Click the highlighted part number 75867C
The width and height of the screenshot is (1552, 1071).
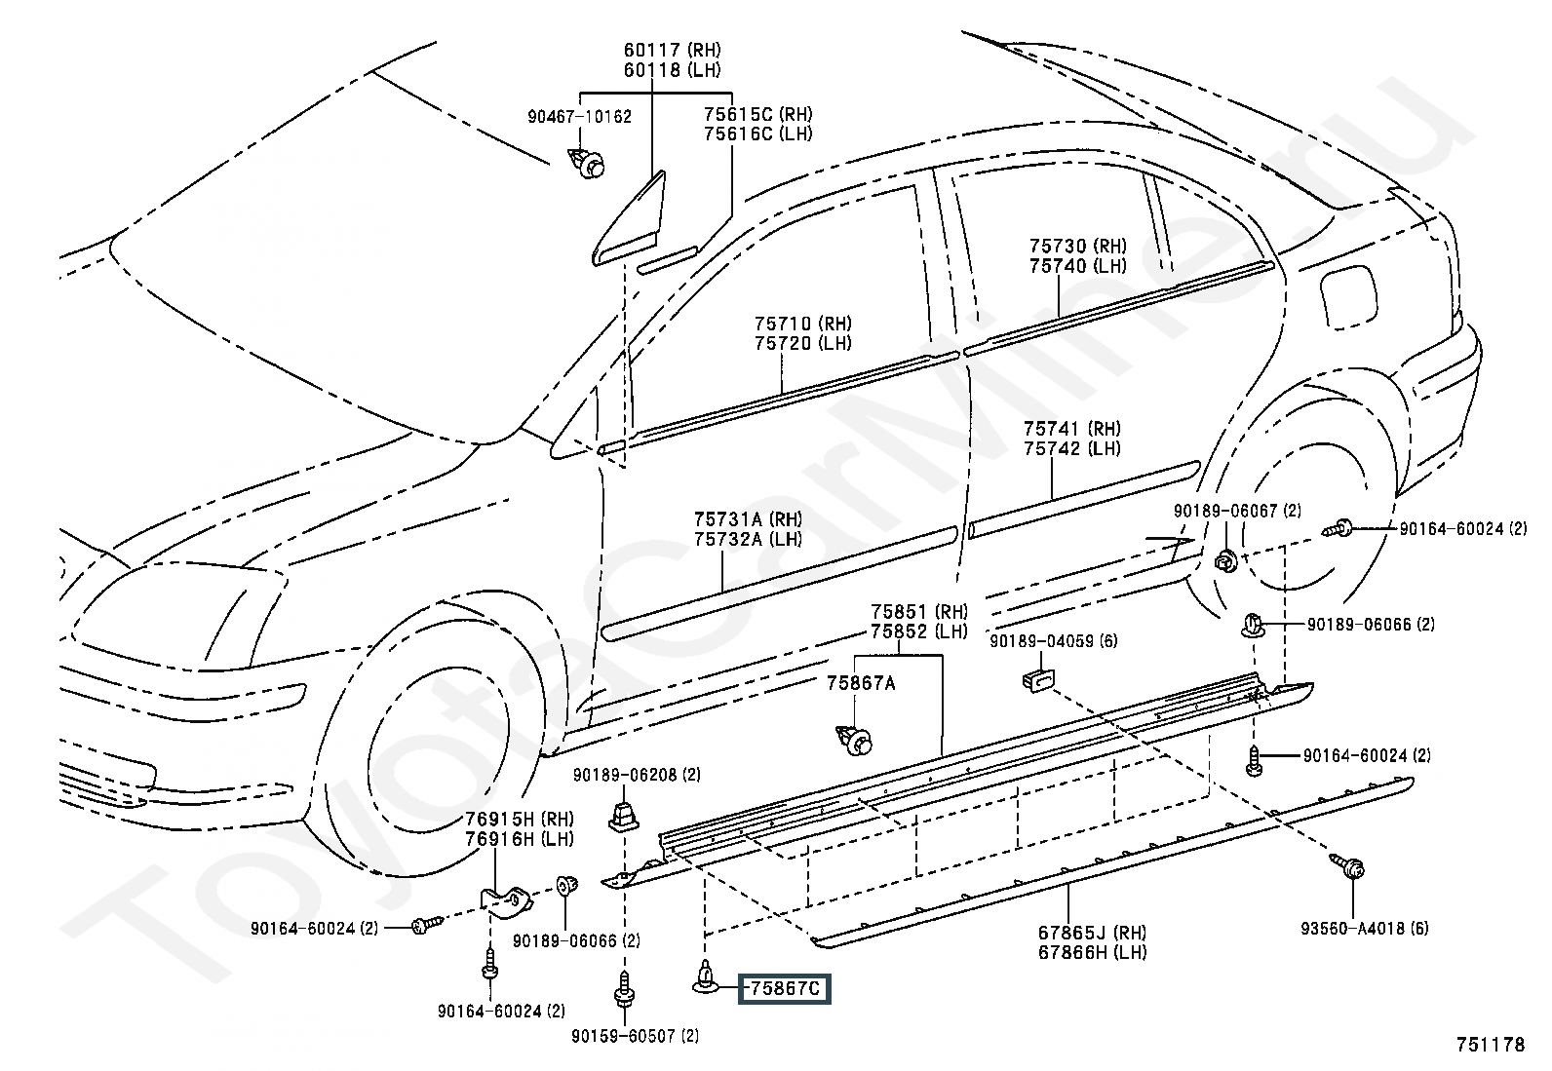[x=785, y=988]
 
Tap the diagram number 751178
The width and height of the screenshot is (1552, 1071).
[x=1491, y=1045]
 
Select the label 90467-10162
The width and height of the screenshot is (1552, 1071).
[x=580, y=116]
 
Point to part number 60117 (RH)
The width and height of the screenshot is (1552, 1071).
[x=672, y=50]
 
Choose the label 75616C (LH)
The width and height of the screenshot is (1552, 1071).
[x=758, y=134]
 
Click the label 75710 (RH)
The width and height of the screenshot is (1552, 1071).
[x=803, y=324]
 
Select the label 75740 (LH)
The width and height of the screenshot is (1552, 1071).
[x=1078, y=266]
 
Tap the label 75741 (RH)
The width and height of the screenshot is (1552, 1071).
[x=1072, y=429]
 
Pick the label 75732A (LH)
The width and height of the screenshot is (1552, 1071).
[x=749, y=539]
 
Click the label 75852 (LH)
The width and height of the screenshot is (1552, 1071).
[x=919, y=631]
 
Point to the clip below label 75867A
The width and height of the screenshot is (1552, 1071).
[x=855, y=740]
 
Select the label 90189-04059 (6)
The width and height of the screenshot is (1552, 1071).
[x=1054, y=641]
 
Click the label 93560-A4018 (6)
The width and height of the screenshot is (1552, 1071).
[x=1364, y=929]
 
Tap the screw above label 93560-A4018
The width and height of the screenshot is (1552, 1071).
[x=1347, y=867]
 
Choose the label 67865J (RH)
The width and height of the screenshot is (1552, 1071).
[x=1093, y=933]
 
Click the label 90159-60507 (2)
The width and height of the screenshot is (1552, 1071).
[x=636, y=1036]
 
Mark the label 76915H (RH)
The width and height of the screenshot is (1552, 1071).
[x=520, y=819]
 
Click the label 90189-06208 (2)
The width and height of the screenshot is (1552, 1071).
[x=637, y=775]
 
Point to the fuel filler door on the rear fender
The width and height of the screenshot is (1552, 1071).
[x=1348, y=296]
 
